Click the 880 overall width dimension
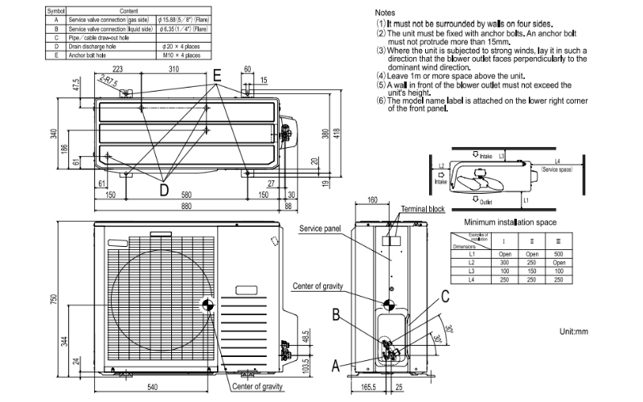pyautogui.click(x=186, y=206)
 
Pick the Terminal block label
pyautogui.click(x=424, y=209)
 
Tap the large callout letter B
pyautogui.click(x=338, y=314)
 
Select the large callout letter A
pyautogui.click(x=337, y=365)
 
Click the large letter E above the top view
pyautogui.click(x=217, y=72)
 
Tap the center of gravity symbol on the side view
pyautogui.click(x=390, y=305)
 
